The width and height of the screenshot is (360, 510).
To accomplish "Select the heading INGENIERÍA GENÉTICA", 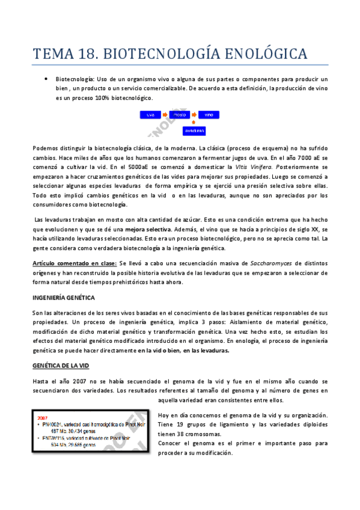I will (x=63, y=298).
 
